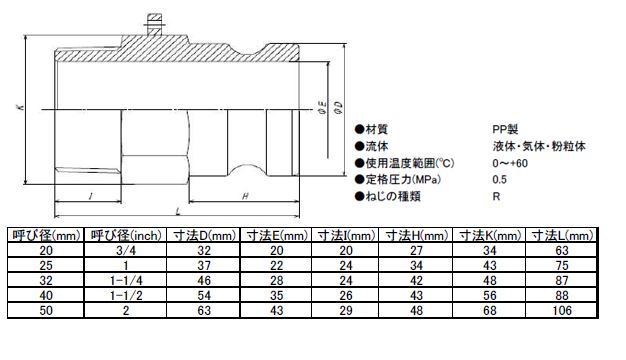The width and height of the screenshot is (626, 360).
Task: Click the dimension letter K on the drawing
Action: pos(21,107)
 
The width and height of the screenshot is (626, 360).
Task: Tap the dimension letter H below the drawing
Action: pos(245,196)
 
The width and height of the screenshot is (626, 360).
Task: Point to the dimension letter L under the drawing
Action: pos(178,211)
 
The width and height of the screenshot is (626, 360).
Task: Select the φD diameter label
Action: pos(339,108)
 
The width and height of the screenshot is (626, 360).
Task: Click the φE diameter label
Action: pos(322,108)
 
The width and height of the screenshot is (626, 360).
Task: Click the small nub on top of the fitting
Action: pos(155,24)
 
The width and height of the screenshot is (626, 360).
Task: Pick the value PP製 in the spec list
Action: pos(505,129)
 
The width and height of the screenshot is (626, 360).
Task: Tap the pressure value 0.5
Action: pos(499,180)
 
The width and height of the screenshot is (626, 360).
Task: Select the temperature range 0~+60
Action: pos(510,163)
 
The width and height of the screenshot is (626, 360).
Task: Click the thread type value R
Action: pos(496,196)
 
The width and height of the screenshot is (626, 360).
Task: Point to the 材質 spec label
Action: pos(376,129)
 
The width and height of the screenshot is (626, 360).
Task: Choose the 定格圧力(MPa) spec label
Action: pos(403,180)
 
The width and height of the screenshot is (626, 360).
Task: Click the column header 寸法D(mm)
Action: pos(204,235)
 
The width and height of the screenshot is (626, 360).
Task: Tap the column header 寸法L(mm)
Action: pos(562,235)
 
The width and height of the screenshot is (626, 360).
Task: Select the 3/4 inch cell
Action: pos(126,251)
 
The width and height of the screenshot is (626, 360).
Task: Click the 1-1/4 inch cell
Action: pos(126,281)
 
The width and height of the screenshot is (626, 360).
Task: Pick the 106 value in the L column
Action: pos(562,311)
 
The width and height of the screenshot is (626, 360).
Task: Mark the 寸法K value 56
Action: pos(490,295)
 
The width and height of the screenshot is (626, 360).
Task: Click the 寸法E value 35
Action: pos(277,295)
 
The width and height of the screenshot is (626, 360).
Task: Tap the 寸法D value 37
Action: pos(204,265)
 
